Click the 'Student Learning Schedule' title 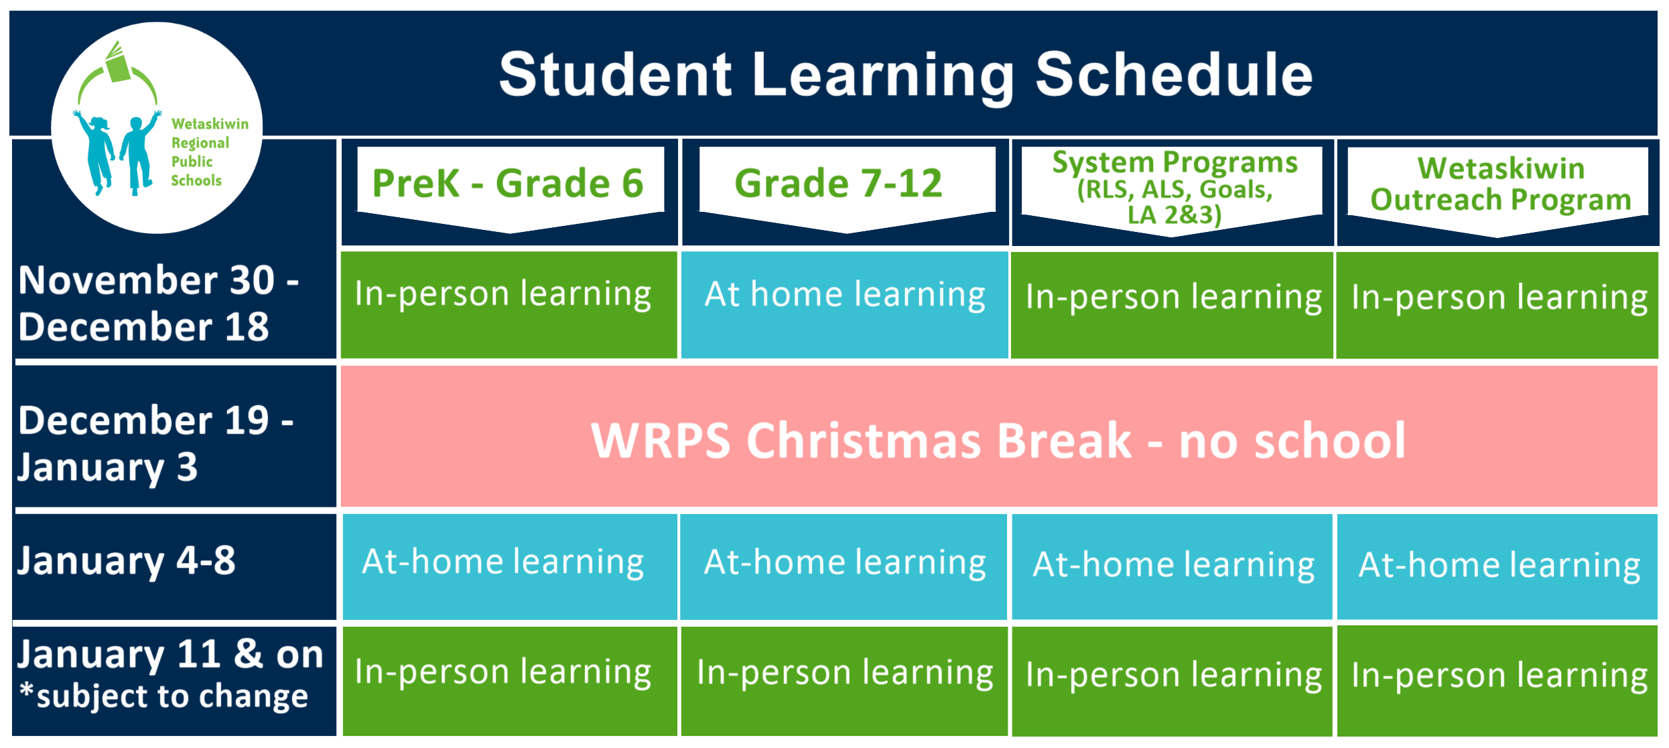click(906, 75)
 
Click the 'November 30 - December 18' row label click(159, 303)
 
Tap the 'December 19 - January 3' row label click(155, 443)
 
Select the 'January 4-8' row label click(127, 561)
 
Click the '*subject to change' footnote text click(164, 696)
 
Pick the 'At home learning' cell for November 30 click(845, 305)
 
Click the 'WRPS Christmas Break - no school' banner click(999, 436)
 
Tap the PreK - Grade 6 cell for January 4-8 click(510, 567)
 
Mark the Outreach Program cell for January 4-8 click(1497, 567)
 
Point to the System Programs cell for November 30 click(1172, 305)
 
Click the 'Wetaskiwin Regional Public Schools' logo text click(209, 152)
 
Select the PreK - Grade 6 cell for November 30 click(509, 305)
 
